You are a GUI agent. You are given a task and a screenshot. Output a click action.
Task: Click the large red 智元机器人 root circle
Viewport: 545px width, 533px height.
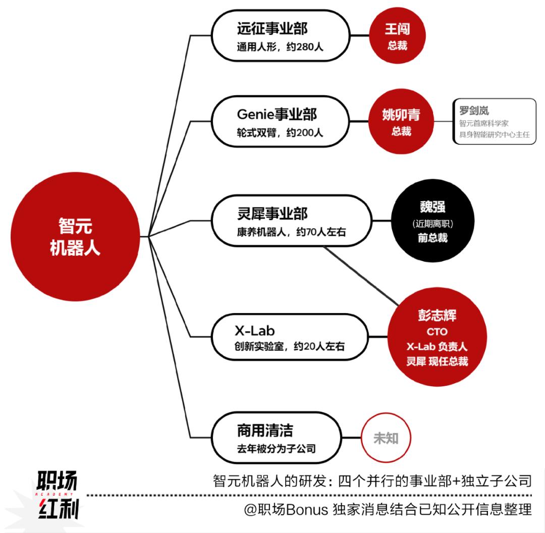[x=75, y=237]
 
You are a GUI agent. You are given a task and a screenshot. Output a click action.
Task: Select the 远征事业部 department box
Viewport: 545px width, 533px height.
[x=281, y=36]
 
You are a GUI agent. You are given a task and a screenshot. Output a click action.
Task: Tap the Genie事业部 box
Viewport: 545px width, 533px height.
[x=280, y=122]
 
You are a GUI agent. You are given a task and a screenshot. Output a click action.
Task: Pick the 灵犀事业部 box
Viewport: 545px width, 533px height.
[x=292, y=220]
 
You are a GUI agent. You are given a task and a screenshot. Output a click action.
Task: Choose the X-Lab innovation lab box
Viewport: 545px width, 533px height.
[x=290, y=337]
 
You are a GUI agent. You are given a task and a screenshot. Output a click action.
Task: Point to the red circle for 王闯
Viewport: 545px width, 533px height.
[x=397, y=35]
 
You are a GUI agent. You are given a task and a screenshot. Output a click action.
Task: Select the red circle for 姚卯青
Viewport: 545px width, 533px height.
[x=401, y=121]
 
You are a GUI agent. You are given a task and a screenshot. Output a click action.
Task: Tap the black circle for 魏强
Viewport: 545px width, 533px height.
[x=433, y=221]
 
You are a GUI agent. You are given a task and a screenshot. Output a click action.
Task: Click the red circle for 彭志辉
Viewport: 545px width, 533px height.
[x=437, y=337]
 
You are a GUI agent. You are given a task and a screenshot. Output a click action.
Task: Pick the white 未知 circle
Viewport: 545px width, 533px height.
[x=386, y=438]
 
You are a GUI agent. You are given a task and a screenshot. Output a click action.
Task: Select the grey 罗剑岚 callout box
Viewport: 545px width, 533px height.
[x=494, y=122]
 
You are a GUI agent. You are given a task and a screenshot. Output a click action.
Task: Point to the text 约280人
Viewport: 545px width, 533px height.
[x=305, y=46]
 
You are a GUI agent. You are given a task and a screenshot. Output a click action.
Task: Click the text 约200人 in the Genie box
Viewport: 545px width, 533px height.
[x=305, y=133]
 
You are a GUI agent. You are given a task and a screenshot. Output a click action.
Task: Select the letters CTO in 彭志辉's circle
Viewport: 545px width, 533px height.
[x=437, y=332]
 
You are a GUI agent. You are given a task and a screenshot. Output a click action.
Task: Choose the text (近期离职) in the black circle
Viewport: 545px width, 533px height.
[x=433, y=223]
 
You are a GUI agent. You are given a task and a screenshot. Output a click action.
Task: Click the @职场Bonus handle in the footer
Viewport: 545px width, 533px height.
[x=286, y=510]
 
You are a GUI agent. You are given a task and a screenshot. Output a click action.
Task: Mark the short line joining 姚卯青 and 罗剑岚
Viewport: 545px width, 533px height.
[x=443, y=122]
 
